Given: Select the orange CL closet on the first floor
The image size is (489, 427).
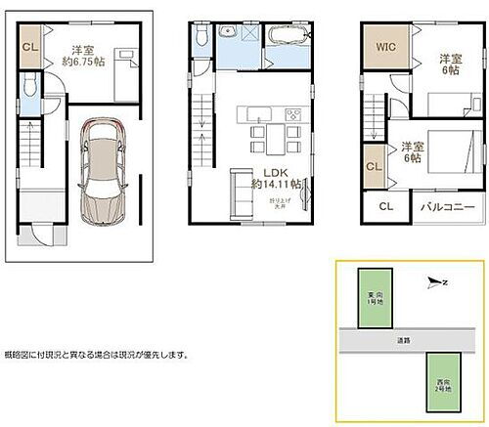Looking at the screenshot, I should pyautogui.click(x=29, y=47).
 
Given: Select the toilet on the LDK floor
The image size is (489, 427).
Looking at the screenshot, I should pyautogui.click(x=200, y=36).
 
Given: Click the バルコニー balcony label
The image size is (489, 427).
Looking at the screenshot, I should pyautogui.click(x=448, y=208).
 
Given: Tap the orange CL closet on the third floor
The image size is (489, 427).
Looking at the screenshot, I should pyautogui.click(x=374, y=167).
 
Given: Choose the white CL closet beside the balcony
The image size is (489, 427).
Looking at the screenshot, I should pyautogui.click(x=385, y=208).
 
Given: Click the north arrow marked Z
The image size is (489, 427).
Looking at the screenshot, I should pyautogui.click(x=436, y=282).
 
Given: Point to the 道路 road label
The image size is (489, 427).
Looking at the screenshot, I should pyautogui.click(x=403, y=340).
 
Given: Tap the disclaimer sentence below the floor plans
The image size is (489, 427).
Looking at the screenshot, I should pyautogui.click(x=96, y=355).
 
